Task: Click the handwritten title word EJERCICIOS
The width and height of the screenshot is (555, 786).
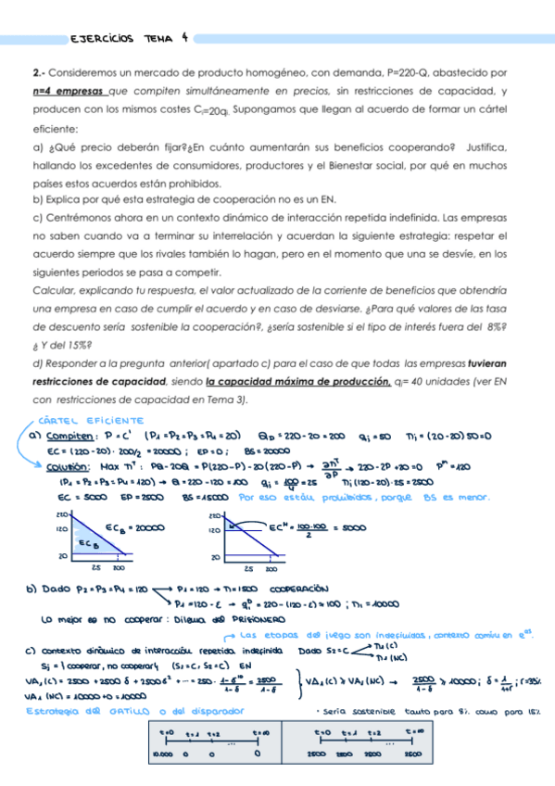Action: (x=102, y=38)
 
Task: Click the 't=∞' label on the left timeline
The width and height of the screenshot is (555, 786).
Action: (x=260, y=732)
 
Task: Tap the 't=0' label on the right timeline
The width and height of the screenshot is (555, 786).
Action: (x=322, y=732)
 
